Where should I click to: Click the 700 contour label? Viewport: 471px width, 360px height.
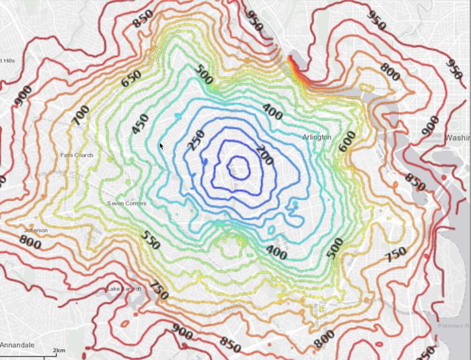pos(79,116)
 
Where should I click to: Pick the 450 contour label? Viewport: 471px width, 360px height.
pos(140,124)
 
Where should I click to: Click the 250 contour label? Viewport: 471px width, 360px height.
pos(196,140)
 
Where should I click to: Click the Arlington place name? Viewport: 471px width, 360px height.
pos(317,137)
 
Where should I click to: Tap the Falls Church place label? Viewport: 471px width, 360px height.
pos(77,155)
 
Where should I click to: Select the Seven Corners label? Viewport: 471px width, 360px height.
pos(126,203)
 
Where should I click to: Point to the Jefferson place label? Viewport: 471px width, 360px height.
pos(36,230)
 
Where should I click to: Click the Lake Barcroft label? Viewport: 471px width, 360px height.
pos(124,289)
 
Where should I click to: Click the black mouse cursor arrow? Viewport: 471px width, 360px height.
pos(161,145)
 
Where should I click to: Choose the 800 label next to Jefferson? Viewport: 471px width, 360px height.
pos(30,240)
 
